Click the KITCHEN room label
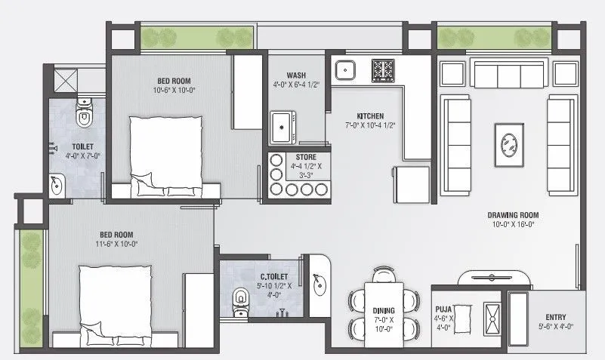pyautogui.click(x=371, y=115)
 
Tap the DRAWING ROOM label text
pyautogui.click(x=513, y=214)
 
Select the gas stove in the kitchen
pyautogui.click(x=383, y=70)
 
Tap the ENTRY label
pyautogui.click(x=556, y=317)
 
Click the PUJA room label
pyautogui.click(x=443, y=308)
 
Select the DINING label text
pyautogui.click(x=384, y=309)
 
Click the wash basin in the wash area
pyautogui.click(x=283, y=126)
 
